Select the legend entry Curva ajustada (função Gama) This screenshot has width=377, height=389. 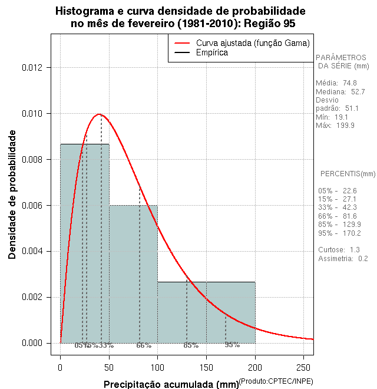pos(253,43)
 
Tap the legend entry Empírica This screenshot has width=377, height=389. pos(211,53)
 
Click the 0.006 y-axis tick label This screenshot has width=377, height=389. pos(33,206)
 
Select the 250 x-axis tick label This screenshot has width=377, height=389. pos(303,367)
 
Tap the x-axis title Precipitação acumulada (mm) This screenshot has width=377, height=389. pos(171,385)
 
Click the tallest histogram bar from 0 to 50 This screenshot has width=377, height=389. pos(84,248)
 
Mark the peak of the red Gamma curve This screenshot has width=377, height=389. pos(99,114)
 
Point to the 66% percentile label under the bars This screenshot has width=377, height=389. pos(144,345)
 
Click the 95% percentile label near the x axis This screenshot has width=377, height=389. pos(232,345)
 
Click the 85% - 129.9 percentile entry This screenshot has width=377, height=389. pos(339,225)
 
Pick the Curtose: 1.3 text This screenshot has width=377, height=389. pos(339,250)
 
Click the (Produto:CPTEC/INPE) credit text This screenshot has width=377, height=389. pos(276,382)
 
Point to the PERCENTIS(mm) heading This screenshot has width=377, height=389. pos(347,174)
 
